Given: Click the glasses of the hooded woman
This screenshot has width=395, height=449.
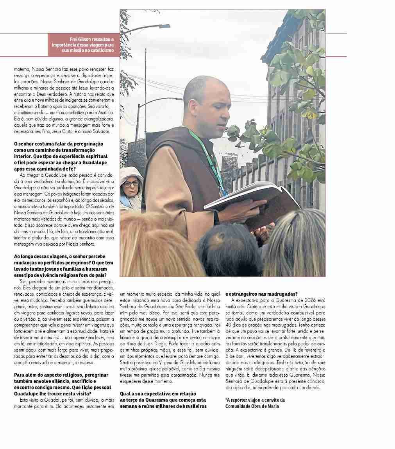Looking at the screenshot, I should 131,184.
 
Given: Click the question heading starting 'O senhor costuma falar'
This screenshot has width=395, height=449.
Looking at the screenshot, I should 59,144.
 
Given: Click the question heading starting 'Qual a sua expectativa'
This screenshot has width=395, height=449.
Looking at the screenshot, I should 158,393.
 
